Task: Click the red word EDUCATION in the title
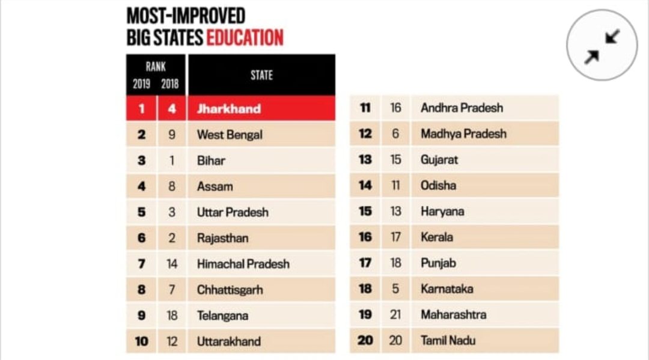pos(245,37)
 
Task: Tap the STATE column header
pos(261,75)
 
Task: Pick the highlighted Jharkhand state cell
pos(229,109)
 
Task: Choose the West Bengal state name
pos(230,135)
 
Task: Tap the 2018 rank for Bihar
pos(172,160)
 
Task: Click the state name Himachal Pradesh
pos(243,264)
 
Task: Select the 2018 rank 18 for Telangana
pos(172,316)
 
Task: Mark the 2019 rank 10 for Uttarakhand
pos(141,341)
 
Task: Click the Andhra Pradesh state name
pos(462,108)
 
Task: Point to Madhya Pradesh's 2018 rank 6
pos(395,134)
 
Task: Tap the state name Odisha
pos(438,185)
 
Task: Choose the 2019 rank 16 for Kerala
pos(365,237)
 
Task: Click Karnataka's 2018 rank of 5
pos(395,288)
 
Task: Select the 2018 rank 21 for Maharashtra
pos(395,314)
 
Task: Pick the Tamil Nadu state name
pos(448,340)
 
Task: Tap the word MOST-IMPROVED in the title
pos(186,15)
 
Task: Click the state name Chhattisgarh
pos(230,290)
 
